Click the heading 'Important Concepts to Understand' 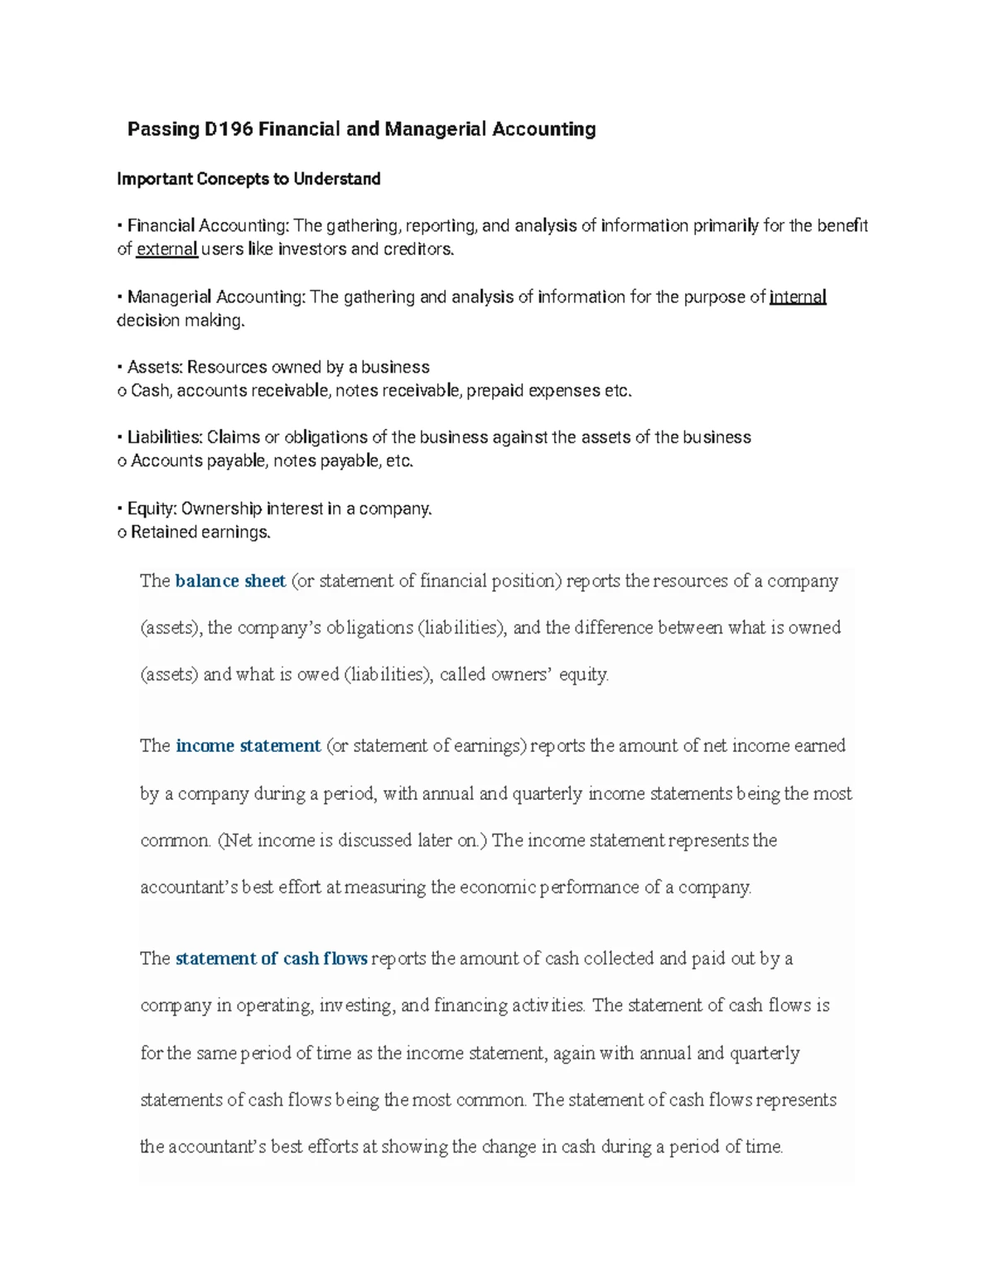248,179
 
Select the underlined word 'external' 166,249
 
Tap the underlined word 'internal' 798,297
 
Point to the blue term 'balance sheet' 230,581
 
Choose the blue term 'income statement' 248,746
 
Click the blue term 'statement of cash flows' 271,959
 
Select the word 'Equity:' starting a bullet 152,508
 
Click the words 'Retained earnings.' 200,532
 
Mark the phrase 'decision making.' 181,320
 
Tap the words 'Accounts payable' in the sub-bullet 198,461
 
